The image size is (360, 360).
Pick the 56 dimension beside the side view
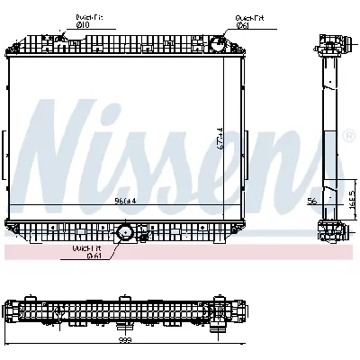click(310, 202)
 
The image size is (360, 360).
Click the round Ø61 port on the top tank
click(217, 45)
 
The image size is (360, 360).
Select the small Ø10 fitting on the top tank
click(62, 39)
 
